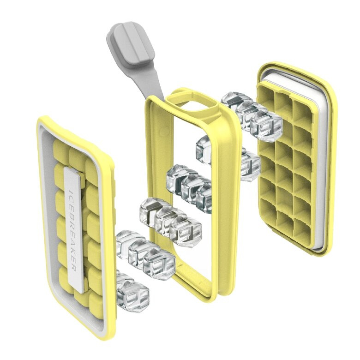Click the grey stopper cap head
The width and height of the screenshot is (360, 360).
point(131,44)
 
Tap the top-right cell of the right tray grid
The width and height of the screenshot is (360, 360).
point(303,111)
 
